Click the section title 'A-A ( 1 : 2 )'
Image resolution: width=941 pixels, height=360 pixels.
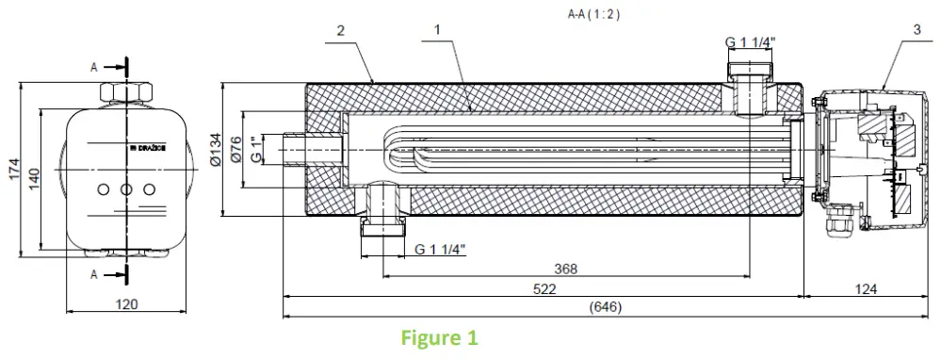pyautogui.click(x=594, y=14)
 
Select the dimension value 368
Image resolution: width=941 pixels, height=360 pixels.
pyautogui.click(x=565, y=269)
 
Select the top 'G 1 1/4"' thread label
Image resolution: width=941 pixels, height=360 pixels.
pyautogui.click(x=750, y=42)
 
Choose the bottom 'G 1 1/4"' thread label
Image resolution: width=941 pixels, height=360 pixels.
pyautogui.click(x=440, y=250)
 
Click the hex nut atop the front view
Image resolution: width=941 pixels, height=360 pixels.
pyautogui.click(x=125, y=91)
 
